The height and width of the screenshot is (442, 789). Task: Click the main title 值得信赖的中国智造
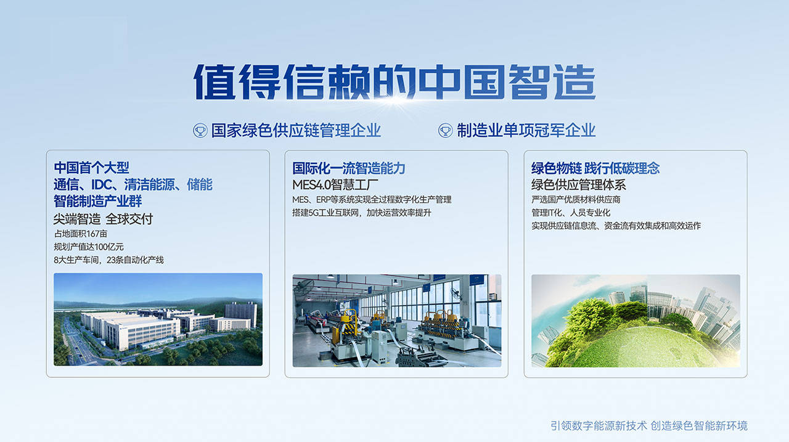tap(394, 82)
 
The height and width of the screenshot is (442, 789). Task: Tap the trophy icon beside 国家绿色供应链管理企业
tap(200, 131)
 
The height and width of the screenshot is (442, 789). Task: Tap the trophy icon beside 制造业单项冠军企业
tap(445, 131)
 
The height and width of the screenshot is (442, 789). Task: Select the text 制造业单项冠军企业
tap(526, 130)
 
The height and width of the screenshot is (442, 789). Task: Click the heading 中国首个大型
tap(92, 168)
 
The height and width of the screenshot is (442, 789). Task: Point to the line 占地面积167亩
tap(81, 234)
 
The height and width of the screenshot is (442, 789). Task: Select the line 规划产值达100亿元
tap(89, 247)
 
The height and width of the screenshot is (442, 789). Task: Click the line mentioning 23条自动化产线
tap(109, 260)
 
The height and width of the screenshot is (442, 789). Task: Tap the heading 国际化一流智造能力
tap(349, 168)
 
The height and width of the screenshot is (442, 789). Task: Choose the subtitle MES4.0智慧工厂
tap(335, 184)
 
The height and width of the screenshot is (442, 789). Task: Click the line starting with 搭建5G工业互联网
tap(362, 213)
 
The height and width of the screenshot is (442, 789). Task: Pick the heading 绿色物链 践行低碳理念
tap(595, 168)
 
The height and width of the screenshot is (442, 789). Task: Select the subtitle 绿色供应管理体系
tap(579, 184)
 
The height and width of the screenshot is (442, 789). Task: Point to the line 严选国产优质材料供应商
tap(576, 199)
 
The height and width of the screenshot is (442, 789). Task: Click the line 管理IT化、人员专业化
tap(571, 213)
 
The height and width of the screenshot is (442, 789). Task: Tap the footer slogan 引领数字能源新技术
tap(599, 426)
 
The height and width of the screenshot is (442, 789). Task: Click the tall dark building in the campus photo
tap(241, 314)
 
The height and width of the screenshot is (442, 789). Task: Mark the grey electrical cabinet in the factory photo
tap(379, 346)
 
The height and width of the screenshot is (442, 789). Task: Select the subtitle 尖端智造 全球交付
tap(103, 219)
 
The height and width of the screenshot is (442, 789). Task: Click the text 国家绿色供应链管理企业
tap(296, 130)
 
